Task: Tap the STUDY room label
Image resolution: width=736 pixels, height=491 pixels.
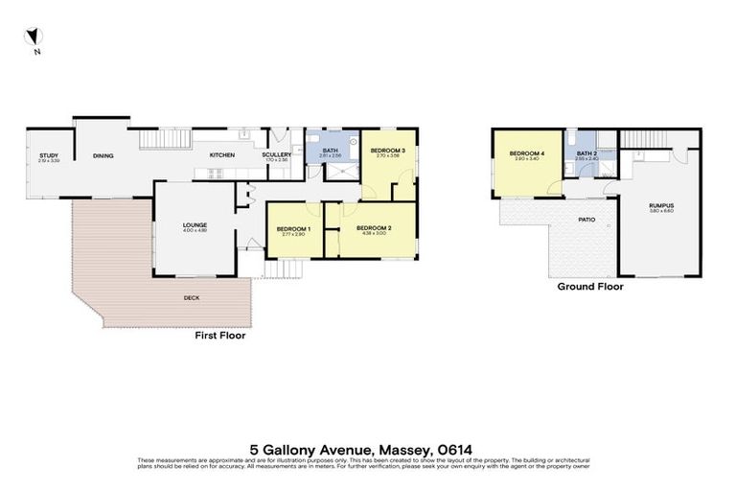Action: coord(48,155)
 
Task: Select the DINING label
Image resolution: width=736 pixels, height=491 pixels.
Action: coord(103,155)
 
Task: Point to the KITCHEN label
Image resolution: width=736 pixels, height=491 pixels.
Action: coord(222,155)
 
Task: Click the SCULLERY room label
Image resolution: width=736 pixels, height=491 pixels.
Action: coord(276,155)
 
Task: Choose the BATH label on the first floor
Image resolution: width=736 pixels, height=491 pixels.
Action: coord(330,150)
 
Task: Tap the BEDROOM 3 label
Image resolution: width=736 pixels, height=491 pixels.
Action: coord(388,151)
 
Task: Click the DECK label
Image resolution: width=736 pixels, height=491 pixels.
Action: coord(192,298)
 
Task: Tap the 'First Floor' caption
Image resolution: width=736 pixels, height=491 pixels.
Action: coord(219,336)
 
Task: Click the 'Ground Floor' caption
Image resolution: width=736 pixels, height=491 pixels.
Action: coord(590,286)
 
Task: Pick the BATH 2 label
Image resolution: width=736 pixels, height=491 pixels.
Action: coord(586,153)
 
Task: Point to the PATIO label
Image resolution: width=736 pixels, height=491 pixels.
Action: coord(588,219)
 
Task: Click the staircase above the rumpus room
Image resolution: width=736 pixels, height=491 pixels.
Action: coord(644,140)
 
